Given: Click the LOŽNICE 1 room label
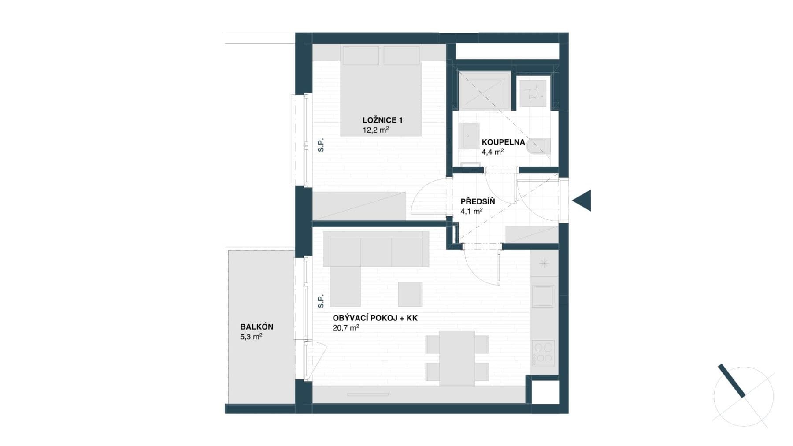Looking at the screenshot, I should [x=382, y=120].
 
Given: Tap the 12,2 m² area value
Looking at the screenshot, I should [x=375, y=130].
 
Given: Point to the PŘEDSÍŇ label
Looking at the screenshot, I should [x=478, y=201].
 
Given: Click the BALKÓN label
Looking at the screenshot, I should [x=256, y=327].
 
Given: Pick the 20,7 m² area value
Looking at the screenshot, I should [x=346, y=327].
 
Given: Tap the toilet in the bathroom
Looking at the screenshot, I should [x=538, y=146].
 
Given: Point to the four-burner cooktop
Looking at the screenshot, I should [x=543, y=353].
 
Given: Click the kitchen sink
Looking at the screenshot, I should [x=543, y=296].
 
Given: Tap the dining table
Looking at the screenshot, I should [x=457, y=358].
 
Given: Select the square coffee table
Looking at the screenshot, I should [x=410, y=294].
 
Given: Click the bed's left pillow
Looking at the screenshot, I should [x=360, y=56].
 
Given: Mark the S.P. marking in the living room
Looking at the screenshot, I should [x=321, y=301].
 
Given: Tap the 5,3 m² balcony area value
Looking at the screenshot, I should [x=251, y=337].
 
